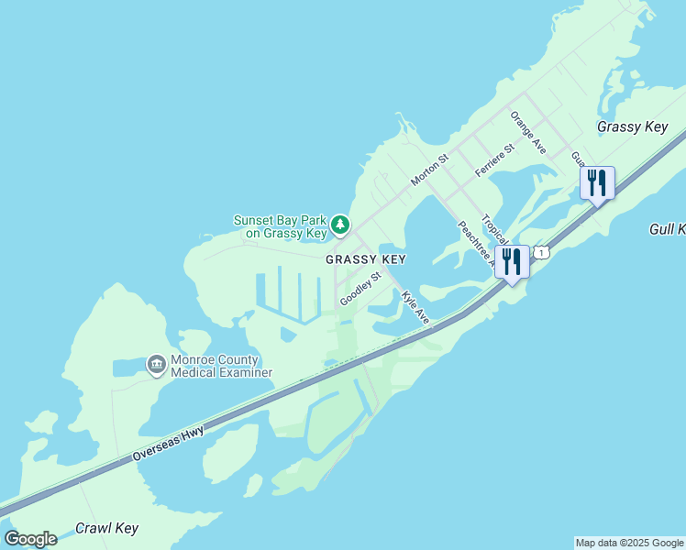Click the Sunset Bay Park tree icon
[x=340, y=224]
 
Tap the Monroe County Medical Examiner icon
[x=157, y=365]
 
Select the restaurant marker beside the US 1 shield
[x=512, y=262]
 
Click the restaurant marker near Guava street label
[x=596, y=183]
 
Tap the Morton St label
[x=429, y=170]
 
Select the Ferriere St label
[x=494, y=160]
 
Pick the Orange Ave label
[x=528, y=132]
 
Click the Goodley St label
[x=360, y=289]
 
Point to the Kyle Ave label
[x=415, y=307]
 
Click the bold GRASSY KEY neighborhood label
[x=366, y=259]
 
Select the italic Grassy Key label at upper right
[x=632, y=126]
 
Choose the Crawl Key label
[x=106, y=528]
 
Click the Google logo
[x=30, y=539]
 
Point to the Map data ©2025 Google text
[x=629, y=543]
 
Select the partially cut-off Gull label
[x=667, y=228]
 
